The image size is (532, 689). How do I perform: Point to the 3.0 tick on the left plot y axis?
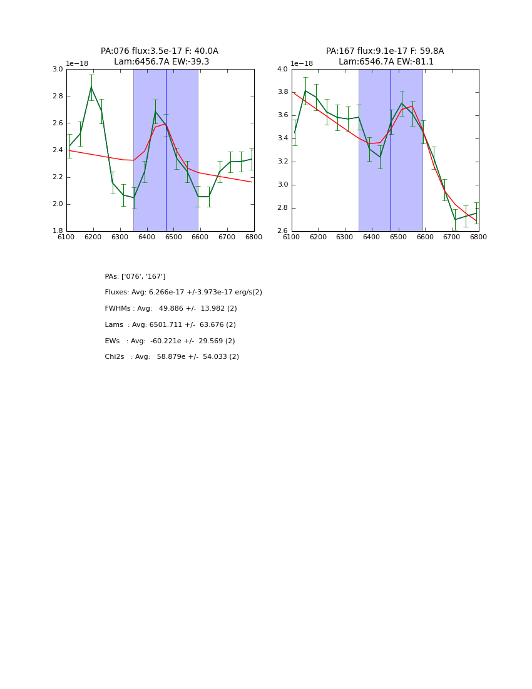click(x=57, y=70)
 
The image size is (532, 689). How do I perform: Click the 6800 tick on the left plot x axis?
click(x=253, y=237)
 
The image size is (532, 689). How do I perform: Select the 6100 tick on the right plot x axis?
click(x=292, y=237)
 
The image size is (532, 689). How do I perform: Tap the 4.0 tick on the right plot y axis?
click(x=282, y=70)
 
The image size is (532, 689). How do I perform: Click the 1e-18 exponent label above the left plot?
click(x=77, y=64)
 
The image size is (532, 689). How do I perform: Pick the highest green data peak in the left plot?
click(x=91, y=87)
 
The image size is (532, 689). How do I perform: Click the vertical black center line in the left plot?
click(x=166, y=150)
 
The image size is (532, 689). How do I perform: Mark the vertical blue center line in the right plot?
click(x=391, y=150)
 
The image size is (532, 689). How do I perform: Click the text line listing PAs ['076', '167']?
click(x=135, y=277)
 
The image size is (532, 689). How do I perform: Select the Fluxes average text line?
click(x=183, y=293)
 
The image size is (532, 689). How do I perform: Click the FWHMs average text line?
click(x=171, y=309)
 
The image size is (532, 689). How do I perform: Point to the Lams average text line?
click(x=170, y=325)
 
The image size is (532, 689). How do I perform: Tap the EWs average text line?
click(x=170, y=341)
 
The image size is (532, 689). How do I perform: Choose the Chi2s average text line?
click(x=171, y=357)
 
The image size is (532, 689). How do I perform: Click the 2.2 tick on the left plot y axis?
click(x=57, y=177)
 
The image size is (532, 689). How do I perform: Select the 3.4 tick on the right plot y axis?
click(x=282, y=138)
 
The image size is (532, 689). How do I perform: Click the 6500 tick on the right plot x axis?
click(x=398, y=237)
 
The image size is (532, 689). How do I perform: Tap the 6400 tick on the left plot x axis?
click(x=146, y=237)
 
